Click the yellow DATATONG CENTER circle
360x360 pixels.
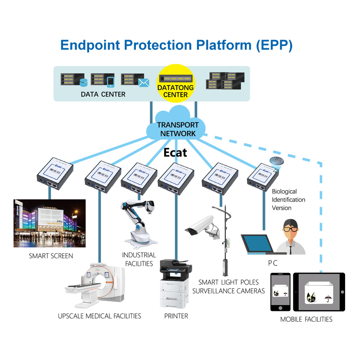[175, 85]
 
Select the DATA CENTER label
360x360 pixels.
[103, 94]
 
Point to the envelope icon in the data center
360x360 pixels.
[144, 82]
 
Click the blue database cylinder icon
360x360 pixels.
[83, 83]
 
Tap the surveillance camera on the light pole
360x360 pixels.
[200, 225]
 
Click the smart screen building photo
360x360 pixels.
[50, 223]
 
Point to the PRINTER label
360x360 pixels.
[176, 316]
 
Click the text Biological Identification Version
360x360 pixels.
[288, 199]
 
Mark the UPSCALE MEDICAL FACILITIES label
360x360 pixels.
[99, 316]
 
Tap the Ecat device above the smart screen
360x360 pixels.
[54, 173]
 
